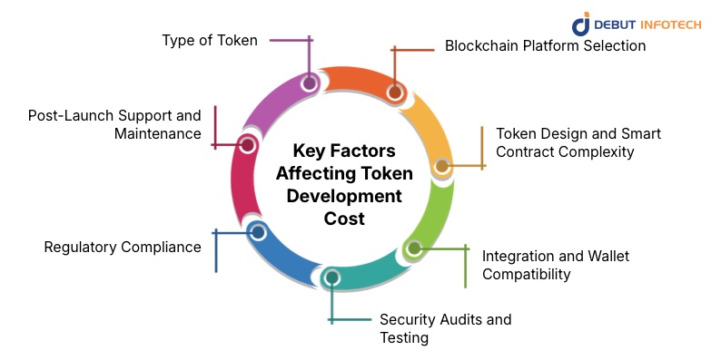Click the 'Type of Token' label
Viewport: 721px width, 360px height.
pyautogui.click(x=210, y=40)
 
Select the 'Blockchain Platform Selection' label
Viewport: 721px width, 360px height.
pyautogui.click(x=545, y=45)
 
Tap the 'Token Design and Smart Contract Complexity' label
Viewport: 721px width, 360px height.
pyautogui.click(x=578, y=142)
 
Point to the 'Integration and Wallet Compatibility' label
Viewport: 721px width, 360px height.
pyautogui.click(x=555, y=265)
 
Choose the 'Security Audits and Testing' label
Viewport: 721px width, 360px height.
pyautogui.click(x=445, y=328)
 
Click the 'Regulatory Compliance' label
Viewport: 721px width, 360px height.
pyautogui.click(x=123, y=247)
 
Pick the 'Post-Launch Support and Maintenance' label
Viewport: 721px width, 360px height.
pyautogui.click(x=114, y=124)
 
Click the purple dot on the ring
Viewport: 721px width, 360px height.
pyautogui.click(x=310, y=83)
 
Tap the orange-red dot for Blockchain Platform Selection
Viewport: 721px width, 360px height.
pyautogui.click(x=395, y=92)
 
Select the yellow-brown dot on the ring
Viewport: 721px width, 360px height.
pyautogui.click(x=442, y=166)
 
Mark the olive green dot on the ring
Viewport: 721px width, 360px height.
pyautogui.click(x=413, y=248)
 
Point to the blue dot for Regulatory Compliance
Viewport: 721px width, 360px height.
pyautogui.click(x=257, y=232)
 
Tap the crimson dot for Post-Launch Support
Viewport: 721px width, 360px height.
pyautogui.click(x=246, y=144)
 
